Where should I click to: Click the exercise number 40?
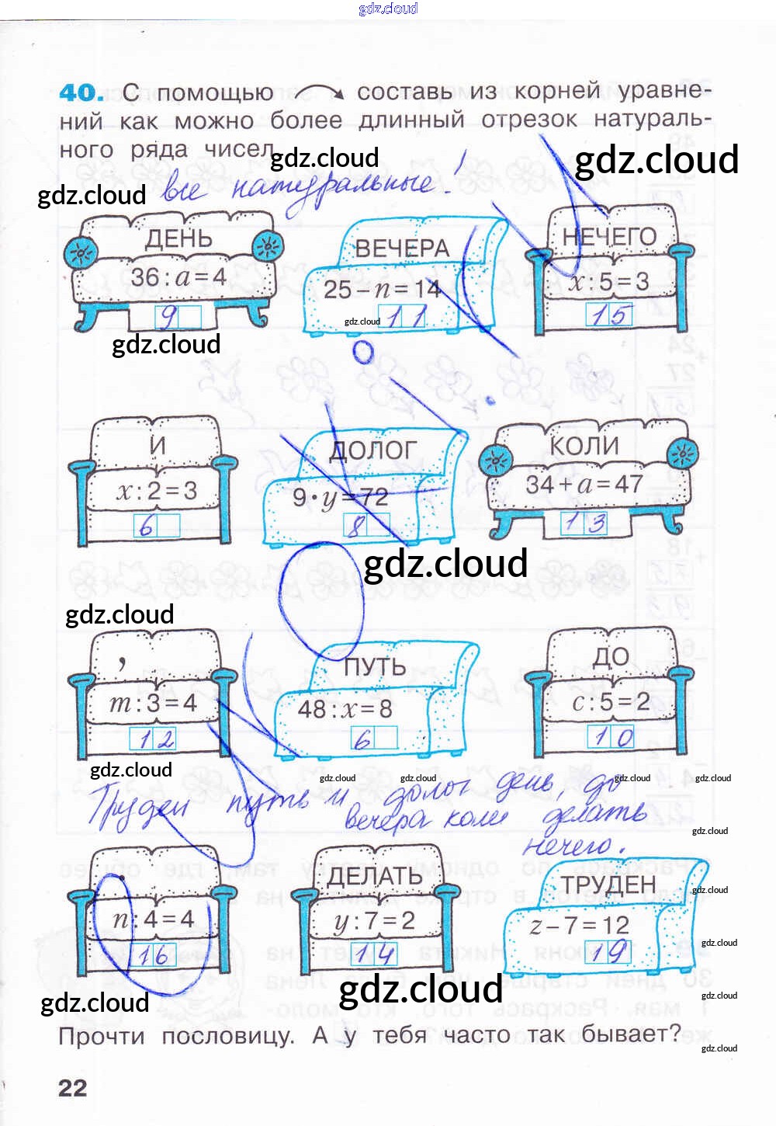tap(81, 93)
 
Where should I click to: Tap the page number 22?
tap(72, 1087)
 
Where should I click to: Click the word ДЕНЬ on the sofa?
tap(178, 238)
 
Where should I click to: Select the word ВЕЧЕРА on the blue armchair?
tap(402, 248)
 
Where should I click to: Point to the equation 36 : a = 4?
tap(178, 276)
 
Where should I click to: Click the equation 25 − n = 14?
tap(382, 290)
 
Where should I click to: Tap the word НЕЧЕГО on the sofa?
tap(609, 237)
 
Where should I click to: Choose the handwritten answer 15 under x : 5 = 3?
tap(609, 315)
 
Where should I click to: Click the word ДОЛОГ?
tap(373, 451)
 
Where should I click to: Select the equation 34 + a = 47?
tap(584, 485)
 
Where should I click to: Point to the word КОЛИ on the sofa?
tap(584, 446)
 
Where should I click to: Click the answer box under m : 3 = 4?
tap(153, 738)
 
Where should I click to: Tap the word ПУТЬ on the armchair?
tap(375, 667)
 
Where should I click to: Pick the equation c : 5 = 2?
tap(611, 702)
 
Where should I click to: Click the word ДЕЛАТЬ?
tap(374, 877)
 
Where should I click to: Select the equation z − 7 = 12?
tap(579, 925)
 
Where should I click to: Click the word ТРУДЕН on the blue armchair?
tap(608, 884)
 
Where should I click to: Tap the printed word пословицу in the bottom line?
tap(227, 1037)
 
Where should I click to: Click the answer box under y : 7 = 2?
tap(374, 954)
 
